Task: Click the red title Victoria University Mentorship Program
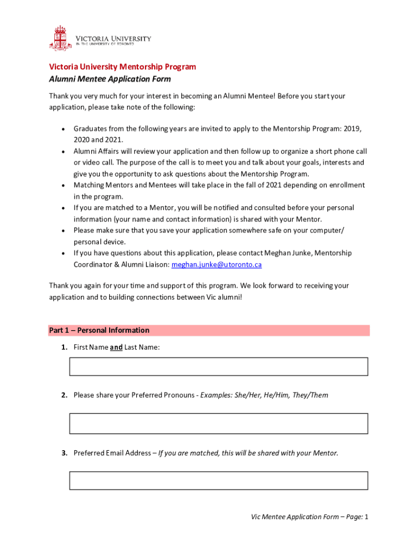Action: click(122, 67)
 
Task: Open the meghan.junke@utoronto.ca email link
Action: click(216, 264)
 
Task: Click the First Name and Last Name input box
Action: click(218, 367)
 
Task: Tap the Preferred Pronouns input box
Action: click(218, 424)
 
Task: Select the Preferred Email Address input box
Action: click(218, 481)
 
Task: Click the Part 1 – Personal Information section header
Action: click(99, 330)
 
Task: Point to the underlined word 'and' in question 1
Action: click(116, 347)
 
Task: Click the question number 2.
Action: click(64, 395)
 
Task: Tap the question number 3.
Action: click(64, 453)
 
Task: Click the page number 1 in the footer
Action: click(366, 517)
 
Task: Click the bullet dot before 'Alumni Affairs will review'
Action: click(64, 151)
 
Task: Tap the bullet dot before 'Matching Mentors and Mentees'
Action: click(64, 186)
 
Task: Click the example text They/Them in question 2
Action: click(310, 395)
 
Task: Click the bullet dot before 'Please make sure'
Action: click(64, 231)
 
